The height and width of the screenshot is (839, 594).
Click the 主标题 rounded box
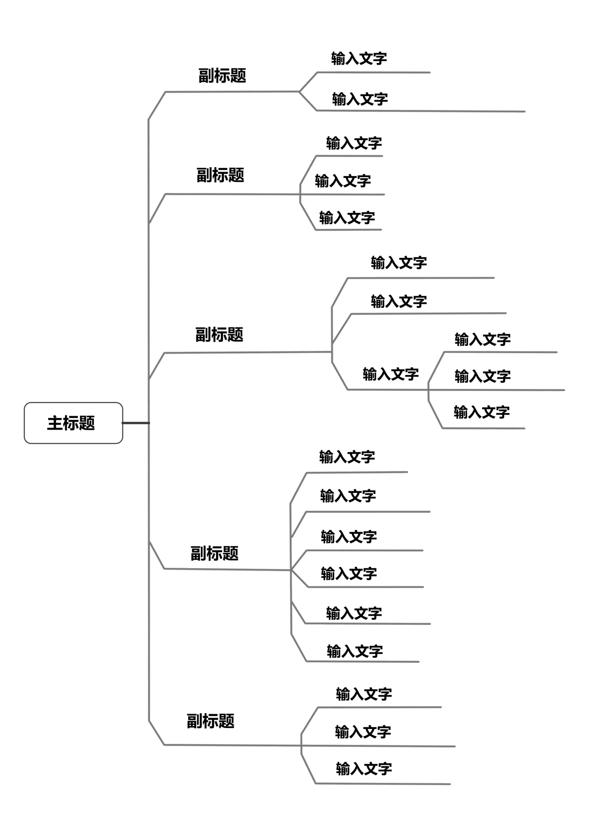click(x=73, y=423)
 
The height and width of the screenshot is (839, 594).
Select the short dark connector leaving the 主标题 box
click(x=136, y=423)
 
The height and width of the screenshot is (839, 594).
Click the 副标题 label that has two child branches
click(x=222, y=76)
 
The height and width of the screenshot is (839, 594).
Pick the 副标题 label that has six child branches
click(x=214, y=554)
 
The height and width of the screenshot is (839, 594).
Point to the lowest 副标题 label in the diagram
click(x=210, y=721)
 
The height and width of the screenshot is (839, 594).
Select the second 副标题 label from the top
click(x=220, y=175)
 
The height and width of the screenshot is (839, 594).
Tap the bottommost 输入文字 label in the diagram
click(x=364, y=769)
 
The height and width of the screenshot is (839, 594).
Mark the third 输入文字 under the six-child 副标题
click(x=349, y=537)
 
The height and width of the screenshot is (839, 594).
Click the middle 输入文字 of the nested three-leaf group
click(x=482, y=376)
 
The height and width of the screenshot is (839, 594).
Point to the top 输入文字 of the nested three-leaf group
click(x=482, y=340)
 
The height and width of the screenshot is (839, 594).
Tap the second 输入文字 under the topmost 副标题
click(x=359, y=99)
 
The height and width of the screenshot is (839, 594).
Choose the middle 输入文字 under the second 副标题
click(x=343, y=181)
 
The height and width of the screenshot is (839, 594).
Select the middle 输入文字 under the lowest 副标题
click(x=363, y=732)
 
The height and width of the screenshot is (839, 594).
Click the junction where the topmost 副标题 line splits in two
click(x=299, y=92)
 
